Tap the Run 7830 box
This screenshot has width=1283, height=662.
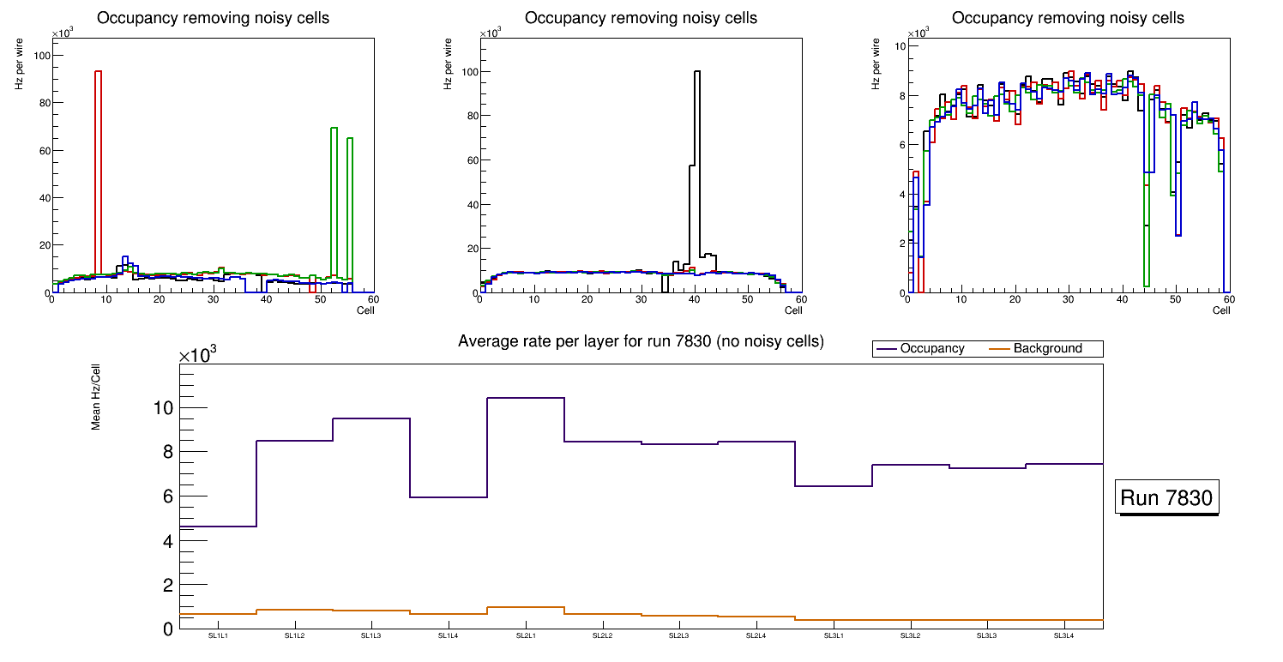click(1166, 498)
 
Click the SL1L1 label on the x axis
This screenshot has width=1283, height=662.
click(218, 636)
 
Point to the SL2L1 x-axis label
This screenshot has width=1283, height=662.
click(525, 636)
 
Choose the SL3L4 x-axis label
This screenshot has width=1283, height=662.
click(1063, 636)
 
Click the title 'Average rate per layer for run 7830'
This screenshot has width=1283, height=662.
click(641, 341)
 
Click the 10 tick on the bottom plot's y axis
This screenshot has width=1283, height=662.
click(163, 408)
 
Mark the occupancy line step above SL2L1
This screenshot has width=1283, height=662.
click(525, 398)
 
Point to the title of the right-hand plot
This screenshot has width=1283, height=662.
click(1068, 18)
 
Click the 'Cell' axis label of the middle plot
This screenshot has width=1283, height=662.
click(793, 310)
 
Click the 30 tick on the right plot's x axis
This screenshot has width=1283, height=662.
click(1068, 300)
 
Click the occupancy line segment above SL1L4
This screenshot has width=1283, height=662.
click(448, 497)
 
